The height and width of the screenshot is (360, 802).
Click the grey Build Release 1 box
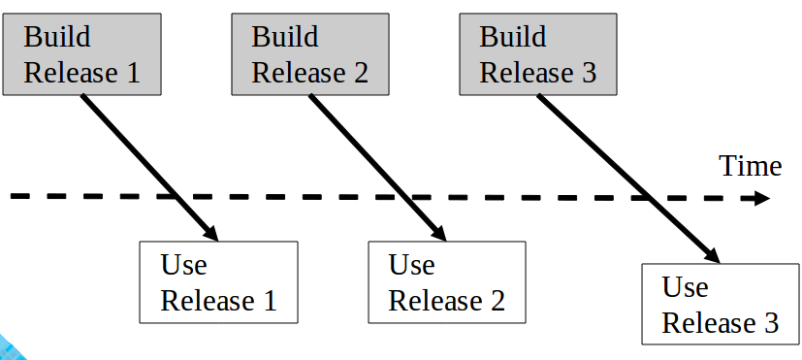(x=81, y=54)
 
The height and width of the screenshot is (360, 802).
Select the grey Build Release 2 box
(x=310, y=54)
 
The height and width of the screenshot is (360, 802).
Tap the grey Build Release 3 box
(x=538, y=54)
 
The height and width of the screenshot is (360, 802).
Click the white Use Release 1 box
(x=218, y=282)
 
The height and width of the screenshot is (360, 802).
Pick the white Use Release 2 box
(x=447, y=282)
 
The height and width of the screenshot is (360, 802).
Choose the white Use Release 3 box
(x=721, y=304)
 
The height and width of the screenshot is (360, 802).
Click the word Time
(x=750, y=167)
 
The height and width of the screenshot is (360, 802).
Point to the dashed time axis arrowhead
(x=760, y=199)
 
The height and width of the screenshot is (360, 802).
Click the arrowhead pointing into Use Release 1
(x=210, y=233)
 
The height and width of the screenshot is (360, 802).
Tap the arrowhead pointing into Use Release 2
(x=438, y=233)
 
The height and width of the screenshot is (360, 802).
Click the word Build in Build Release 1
(x=57, y=38)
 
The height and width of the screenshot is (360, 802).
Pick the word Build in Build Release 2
(x=285, y=38)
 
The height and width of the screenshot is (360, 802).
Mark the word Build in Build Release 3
(x=514, y=38)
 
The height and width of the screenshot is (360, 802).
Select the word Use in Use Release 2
(x=412, y=264)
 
